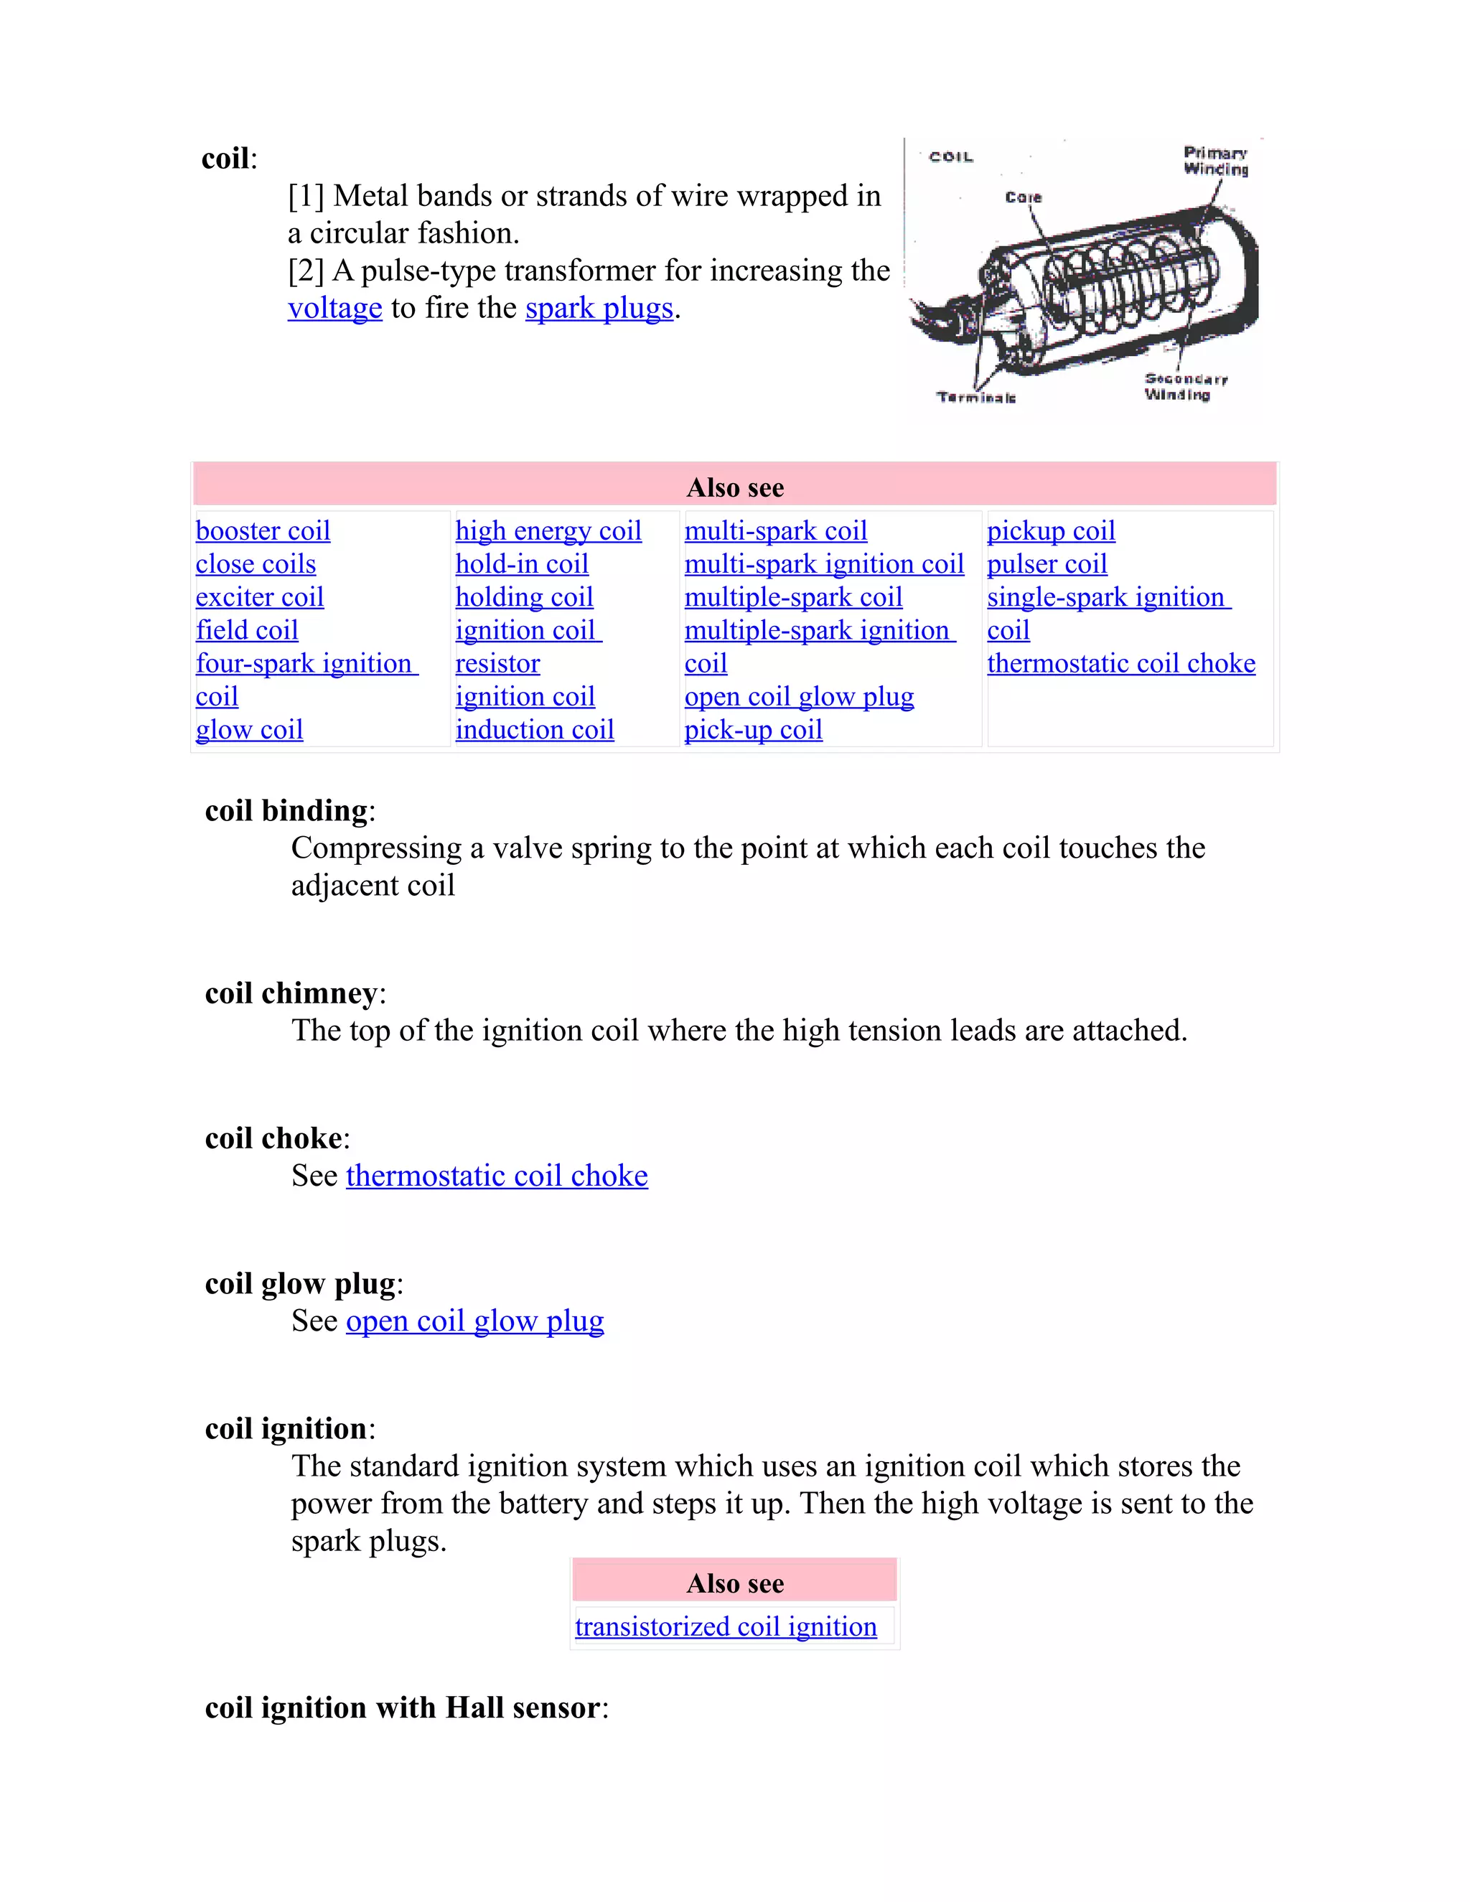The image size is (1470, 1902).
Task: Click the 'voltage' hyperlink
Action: [334, 309]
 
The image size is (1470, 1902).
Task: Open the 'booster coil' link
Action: [262, 530]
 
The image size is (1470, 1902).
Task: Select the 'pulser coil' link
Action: [1047, 563]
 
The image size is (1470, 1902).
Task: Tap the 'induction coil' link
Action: [534, 729]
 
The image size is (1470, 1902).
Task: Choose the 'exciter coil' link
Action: [260, 596]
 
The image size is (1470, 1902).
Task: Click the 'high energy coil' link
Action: [548, 530]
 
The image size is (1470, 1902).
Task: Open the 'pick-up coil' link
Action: [753, 729]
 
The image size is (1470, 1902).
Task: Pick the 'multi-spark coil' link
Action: [775, 530]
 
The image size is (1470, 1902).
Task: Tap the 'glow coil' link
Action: [249, 729]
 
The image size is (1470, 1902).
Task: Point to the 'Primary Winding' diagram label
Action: [1216, 161]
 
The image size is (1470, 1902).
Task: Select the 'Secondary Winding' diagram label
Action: [1184, 387]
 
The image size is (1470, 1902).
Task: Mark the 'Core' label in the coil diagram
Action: [1024, 197]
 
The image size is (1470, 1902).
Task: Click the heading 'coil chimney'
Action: [291, 993]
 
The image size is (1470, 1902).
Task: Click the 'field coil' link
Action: [246, 629]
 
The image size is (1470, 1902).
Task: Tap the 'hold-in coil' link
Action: [522, 563]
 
